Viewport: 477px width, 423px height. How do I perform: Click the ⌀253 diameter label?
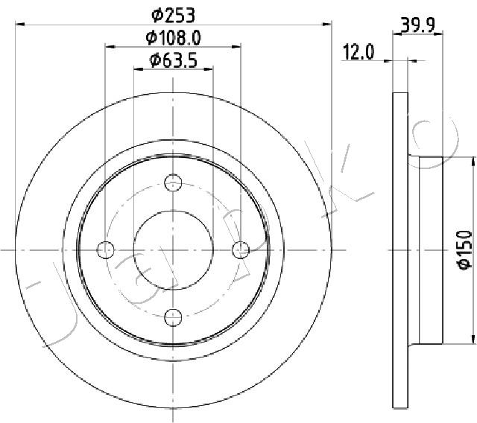pos(173,16)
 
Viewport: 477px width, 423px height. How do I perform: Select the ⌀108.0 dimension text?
pos(173,38)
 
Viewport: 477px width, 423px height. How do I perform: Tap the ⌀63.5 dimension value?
pos(174,60)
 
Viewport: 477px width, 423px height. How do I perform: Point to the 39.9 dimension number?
pos(417,25)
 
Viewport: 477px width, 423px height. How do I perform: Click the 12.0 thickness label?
pos(358,52)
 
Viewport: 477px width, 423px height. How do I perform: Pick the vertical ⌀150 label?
pos(465,250)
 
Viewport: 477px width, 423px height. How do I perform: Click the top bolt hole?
pos(173,182)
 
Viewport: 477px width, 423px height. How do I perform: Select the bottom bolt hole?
pos(173,317)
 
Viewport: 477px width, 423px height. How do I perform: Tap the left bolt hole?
pos(106,249)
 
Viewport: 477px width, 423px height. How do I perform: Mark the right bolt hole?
pos(241,250)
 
